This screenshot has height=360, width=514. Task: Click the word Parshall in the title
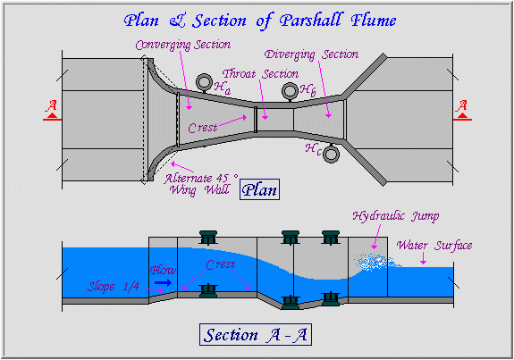click(311, 21)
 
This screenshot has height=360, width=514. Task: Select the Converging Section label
click(183, 45)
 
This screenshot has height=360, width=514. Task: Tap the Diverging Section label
click(311, 54)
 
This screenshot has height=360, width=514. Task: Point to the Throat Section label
click(261, 74)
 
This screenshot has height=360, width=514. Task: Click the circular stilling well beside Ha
click(204, 82)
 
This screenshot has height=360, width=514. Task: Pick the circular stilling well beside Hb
click(290, 91)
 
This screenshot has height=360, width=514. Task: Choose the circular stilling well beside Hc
click(331, 154)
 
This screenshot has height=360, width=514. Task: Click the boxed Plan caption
click(259, 189)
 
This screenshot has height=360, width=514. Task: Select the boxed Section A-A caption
click(256, 334)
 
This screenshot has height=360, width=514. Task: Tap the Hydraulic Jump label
click(396, 216)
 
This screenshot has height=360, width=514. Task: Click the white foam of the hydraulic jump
click(376, 262)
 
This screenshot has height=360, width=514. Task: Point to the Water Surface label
click(434, 245)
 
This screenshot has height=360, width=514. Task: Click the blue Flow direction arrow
click(164, 282)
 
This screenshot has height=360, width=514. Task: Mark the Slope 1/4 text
click(114, 287)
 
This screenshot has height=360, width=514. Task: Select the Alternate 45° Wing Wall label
click(201, 184)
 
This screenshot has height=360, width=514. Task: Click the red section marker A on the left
click(52, 111)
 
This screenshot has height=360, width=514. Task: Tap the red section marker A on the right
click(462, 111)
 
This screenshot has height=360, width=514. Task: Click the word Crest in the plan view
click(203, 128)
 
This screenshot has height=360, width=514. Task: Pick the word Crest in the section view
click(221, 264)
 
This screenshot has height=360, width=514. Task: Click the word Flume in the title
click(374, 21)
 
